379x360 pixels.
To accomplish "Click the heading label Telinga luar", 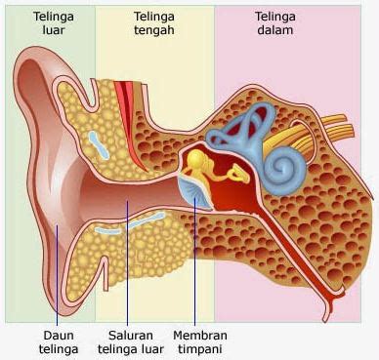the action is [x=54, y=23].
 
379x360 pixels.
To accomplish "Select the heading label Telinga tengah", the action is [x=154, y=23].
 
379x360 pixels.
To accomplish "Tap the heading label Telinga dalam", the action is [x=275, y=23].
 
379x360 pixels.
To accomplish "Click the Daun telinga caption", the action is [x=59, y=342].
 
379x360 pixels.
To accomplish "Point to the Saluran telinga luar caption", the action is [x=131, y=342].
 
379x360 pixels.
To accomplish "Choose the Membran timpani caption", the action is [x=200, y=342].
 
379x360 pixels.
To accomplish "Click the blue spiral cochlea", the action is [x=284, y=170].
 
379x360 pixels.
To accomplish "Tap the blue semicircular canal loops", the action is [x=242, y=127].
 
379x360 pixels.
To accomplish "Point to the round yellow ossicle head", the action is [x=196, y=159].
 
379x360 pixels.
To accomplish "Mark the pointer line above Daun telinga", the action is [x=57, y=275].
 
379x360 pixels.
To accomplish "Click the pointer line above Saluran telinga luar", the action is [x=127, y=263].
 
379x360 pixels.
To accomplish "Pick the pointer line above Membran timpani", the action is [x=194, y=261].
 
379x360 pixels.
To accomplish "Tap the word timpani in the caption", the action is [x=200, y=349].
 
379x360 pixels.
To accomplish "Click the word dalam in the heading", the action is [x=275, y=30].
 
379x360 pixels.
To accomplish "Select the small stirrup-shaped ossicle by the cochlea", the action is [x=239, y=174].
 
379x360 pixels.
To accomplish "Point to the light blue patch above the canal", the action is [x=99, y=144].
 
